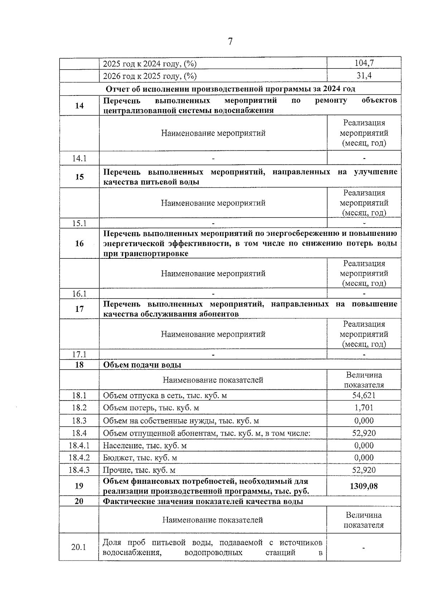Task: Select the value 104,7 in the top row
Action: click(x=364, y=63)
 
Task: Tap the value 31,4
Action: click(x=364, y=76)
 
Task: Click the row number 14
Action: click(x=79, y=106)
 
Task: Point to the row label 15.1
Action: click(x=79, y=223)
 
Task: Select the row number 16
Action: click(x=79, y=244)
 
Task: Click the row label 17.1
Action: click(x=79, y=355)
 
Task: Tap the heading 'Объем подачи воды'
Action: click(x=142, y=365)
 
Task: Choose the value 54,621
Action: click(x=364, y=395)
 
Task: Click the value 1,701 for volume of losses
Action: click(x=364, y=408)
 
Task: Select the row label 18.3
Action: click(x=79, y=421)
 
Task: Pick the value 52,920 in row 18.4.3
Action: click(x=364, y=470)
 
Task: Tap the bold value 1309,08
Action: click(x=364, y=486)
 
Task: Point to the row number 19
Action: click(x=79, y=486)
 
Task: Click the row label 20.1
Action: click(x=79, y=547)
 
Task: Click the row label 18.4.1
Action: click(x=79, y=446)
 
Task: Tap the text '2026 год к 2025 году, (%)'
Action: click(x=150, y=76)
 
